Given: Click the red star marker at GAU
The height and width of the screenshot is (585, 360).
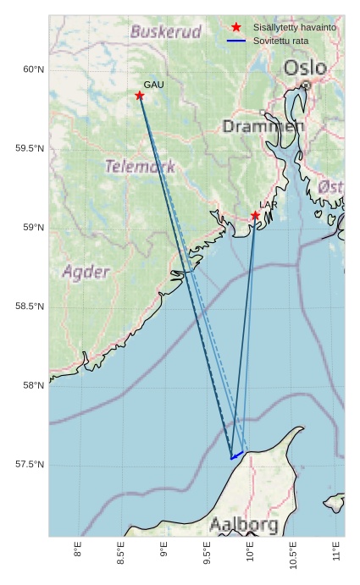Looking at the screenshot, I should (x=140, y=96).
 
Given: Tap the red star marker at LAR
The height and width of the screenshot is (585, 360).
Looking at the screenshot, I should (x=255, y=216).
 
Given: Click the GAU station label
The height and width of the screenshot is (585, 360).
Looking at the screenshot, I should (x=153, y=86).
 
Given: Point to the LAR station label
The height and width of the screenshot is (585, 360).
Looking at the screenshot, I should (x=269, y=205).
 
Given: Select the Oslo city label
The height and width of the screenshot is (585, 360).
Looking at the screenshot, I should (x=304, y=68).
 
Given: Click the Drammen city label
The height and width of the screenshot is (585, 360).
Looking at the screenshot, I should (x=263, y=126).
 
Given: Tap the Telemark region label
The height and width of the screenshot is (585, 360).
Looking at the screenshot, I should (x=140, y=166).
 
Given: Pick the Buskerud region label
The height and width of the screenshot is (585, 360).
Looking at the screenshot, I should (x=166, y=32).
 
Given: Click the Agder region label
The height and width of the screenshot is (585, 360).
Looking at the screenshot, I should (x=86, y=272).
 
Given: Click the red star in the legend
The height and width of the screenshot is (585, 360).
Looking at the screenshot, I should (x=236, y=28).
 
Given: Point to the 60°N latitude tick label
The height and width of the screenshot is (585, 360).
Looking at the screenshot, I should (x=33, y=69).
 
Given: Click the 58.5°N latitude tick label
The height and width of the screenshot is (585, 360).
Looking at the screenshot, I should (x=30, y=306).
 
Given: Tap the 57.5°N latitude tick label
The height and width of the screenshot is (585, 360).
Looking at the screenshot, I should (x=30, y=465).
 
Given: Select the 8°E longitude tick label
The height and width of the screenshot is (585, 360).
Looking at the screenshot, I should (x=78, y=553).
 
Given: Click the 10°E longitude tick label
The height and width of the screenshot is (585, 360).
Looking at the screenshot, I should (x=251, y=555).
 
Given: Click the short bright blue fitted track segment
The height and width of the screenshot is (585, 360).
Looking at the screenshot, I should (x=237, y=455).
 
